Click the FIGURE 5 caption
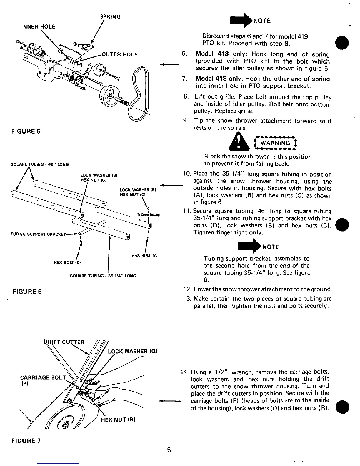pos(26,131)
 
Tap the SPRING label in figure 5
pos(110,17)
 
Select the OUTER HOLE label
pos(119,55)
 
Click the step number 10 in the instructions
pos(187,174)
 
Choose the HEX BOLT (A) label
pos(145,255)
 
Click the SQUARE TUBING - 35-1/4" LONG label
pos(103,276)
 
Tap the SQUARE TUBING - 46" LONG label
pos(39,164)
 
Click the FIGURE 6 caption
pos(27,292)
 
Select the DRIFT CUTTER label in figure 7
pos(64,342)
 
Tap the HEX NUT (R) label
pos(118,420)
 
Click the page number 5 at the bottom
pos(169,450)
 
